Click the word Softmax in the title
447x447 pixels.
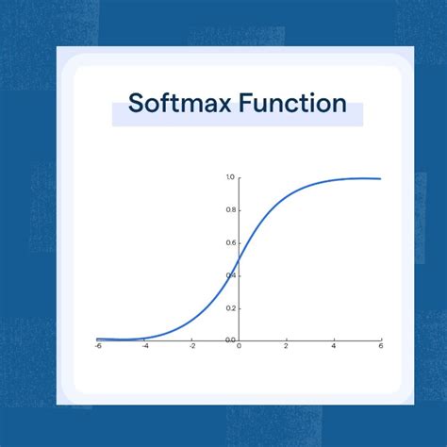click(x=174, y=104)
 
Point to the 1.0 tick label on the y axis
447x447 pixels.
click(x=230, y=177)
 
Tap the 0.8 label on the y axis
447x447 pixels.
click(x=230, y=209)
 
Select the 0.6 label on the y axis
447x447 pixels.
click(x=230, y=242)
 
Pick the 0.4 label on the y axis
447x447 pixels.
click(x=230, y=274)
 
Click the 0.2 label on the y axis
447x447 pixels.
click(x=230, y=307)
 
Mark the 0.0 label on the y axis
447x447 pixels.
click(x=230, y=339)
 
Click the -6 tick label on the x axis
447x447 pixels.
click(x=97, y=346)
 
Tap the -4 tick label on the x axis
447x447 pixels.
click(x=144, y=346)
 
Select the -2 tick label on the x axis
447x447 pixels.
click(x=191, y=346)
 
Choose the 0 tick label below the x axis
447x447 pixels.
click(x=239, y=346)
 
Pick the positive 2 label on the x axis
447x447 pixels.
click(x=286, y=346)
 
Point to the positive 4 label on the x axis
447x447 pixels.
click(x=333, y=346)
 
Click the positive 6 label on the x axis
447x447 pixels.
click(x=380, y=346)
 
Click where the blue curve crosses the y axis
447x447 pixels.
click(x=239, y=258)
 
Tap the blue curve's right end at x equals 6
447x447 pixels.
click(x=380, y=178)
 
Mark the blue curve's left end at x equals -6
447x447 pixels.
click(x=97, y=338)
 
